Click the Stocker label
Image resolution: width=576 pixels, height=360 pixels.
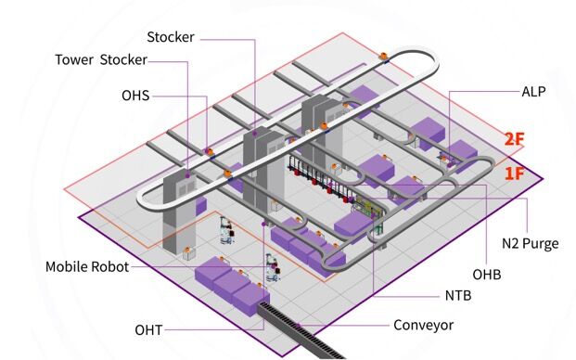[171, 37]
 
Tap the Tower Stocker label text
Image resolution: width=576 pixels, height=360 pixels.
[101, 60]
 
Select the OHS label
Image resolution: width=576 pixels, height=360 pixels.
[135, 96]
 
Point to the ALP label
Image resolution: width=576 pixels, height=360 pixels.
[533, 92]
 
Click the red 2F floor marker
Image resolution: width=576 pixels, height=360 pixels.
[514, 139]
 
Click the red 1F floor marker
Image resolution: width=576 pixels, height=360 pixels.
[514, 173]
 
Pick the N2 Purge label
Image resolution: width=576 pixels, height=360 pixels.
[530, 243]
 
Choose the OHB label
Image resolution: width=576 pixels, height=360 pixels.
[487, 275]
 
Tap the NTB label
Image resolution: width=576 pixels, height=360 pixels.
[458, 296]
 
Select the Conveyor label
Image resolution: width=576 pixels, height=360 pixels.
[423, 325]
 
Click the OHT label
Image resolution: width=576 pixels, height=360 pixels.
[148, 330]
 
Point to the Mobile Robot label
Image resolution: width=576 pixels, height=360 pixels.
[87, 266]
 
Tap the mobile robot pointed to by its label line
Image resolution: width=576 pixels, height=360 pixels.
[272, 267]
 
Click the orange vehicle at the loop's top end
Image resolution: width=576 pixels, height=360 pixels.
[384, 57]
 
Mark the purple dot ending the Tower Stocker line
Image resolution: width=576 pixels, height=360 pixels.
[187, 176]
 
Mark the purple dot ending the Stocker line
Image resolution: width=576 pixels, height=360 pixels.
[254, 135]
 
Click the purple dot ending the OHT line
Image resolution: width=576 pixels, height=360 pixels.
[263, 224]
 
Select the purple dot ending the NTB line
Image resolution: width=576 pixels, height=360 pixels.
[373, 216]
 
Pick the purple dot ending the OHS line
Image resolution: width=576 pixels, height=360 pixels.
[207, 150]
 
